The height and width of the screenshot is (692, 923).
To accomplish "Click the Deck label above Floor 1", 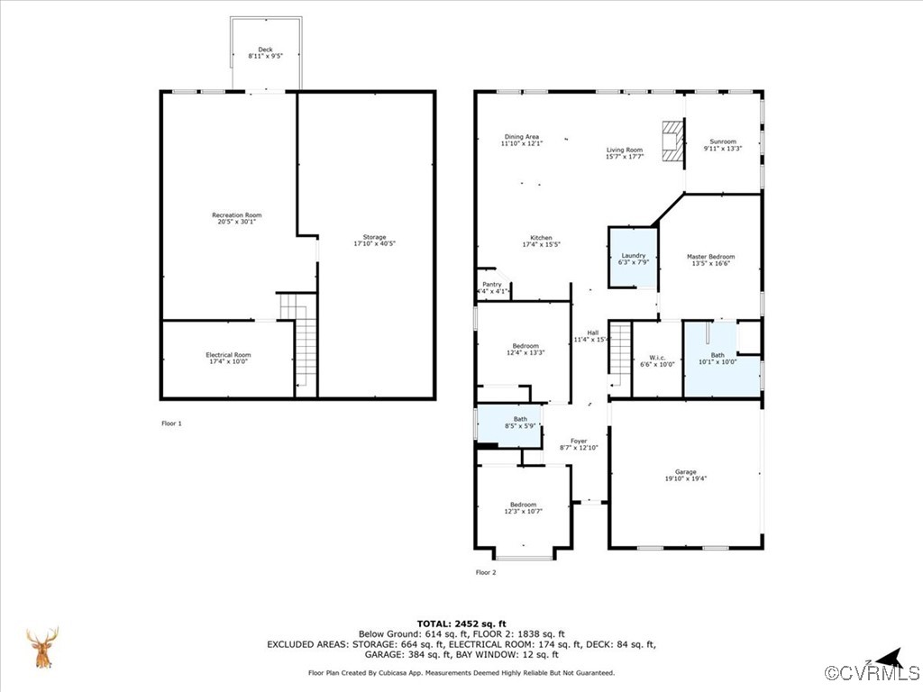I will pyautogui.click(x=265, y=50).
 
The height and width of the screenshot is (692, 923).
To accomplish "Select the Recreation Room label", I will pyautogui.click(x=236, y=215).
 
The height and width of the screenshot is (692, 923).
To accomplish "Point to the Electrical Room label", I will pyautogui.click(x=228, y=355).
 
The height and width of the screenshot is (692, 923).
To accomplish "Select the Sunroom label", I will pyautogui.click(x=723, y=141).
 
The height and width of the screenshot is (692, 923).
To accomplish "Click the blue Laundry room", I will pyautogui.click(x=633, y=258).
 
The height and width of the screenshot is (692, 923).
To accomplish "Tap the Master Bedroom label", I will pyautogui.click(x=710, y=257).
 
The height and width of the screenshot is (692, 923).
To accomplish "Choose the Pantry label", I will pyautogui.click(x=491, y=284).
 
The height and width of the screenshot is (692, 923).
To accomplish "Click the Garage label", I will pyautogui.click(x=686, y=472).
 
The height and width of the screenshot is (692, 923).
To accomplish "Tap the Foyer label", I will pyautogui.click(x=578, y=442).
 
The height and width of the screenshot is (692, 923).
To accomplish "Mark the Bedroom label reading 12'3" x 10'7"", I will pyautogui.click(x=523, y=505).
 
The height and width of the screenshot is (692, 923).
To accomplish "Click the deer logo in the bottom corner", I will pyautogui.click(x=41, y=648).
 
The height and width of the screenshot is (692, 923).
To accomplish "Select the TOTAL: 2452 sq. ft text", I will pyautogui.click(x=461, y=624).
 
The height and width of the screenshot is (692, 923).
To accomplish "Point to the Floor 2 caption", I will pyautogui.click(x=486, y=572).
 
